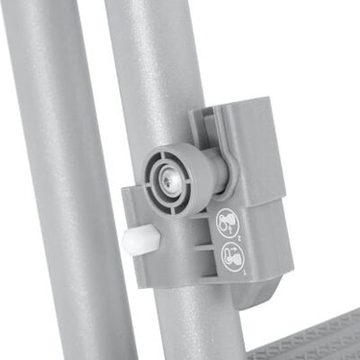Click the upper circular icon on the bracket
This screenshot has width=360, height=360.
(227, 222)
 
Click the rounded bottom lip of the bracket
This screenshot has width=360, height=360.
(252, 296)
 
